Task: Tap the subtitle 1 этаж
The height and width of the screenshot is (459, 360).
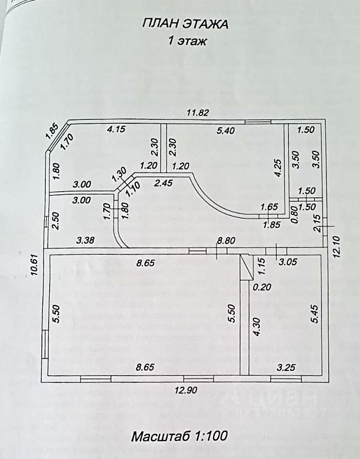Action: [x=187, y=41]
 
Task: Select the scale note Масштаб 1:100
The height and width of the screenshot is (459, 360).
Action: [x=179, y=435]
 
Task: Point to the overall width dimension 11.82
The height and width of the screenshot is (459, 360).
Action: [x=198, y=113]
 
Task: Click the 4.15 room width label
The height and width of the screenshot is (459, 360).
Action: [x=116, y=129]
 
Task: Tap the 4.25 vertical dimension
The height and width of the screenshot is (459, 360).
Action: [x=278, y=167]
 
